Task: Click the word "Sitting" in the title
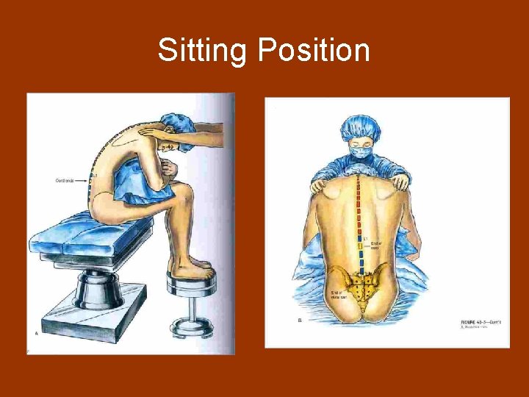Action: pyautogui.click(x=204, y=51)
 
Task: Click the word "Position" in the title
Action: pyautogui.click(x=314, y=51)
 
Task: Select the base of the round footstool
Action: pyautogui.click(x=192, y=335)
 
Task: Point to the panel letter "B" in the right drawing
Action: pyautogui.click(x=301, y=321)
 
